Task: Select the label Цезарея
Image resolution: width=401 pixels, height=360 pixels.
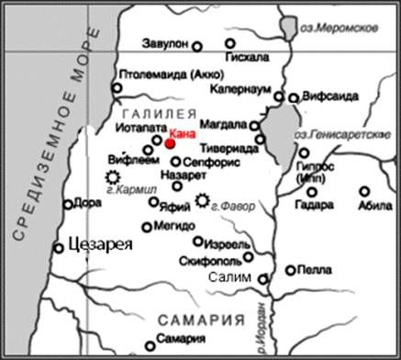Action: (x=95, y=245)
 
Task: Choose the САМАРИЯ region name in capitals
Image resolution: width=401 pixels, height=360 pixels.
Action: (x=201, y=320)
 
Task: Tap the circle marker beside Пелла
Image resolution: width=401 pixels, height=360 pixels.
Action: (x=291, y=271)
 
